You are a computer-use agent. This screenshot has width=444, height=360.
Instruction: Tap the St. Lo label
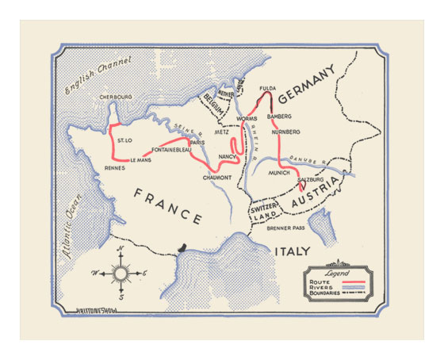(x=124, y=140)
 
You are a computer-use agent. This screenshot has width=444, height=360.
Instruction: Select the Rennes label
(x=116, y=168)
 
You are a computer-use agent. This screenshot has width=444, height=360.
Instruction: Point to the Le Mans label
(x=140, y=159)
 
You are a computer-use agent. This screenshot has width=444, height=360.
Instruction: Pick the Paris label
(x=198, y=142)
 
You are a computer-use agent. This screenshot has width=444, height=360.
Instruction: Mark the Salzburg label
(x=312, y=180)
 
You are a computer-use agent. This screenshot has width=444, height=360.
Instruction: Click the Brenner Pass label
(x=287, y=228)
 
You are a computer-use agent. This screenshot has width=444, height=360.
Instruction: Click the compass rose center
(x=121, y=274)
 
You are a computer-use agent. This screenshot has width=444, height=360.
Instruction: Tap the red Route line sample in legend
(x=354, y=281)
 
